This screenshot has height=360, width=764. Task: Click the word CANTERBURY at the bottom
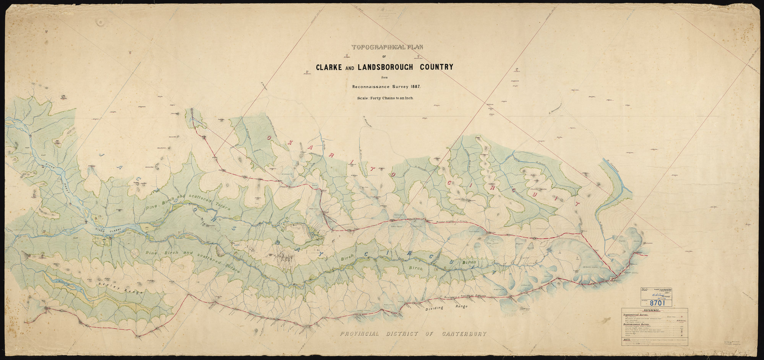(464, 334)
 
